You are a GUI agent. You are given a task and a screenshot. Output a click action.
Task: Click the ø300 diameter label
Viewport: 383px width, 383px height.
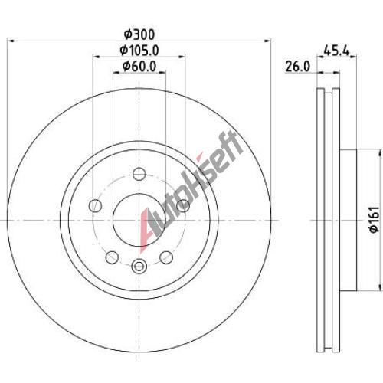[x=139, y=34]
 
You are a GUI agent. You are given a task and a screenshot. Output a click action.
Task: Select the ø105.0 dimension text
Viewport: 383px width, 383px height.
[x=139, y=51]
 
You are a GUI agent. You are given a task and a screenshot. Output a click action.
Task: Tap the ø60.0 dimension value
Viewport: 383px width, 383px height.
[x=139, y=67]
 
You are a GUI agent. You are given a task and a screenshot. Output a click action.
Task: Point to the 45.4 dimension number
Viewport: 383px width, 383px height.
[x=336, y=51]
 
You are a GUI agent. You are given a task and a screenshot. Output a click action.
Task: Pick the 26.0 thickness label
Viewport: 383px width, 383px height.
[x=298, y=67]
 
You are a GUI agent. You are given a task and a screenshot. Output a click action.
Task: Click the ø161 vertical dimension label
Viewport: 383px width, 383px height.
[x=375, y=220]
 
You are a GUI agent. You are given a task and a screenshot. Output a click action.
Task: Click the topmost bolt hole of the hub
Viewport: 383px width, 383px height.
[x=139, y=174]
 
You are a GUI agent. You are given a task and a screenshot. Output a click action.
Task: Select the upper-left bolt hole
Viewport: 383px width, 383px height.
[x=95, y=205]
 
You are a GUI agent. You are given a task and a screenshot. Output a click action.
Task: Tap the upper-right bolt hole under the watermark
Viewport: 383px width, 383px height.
[x=183, y=205]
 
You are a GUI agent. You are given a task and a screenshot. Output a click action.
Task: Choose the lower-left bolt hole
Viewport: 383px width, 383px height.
[x=112, y=257]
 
